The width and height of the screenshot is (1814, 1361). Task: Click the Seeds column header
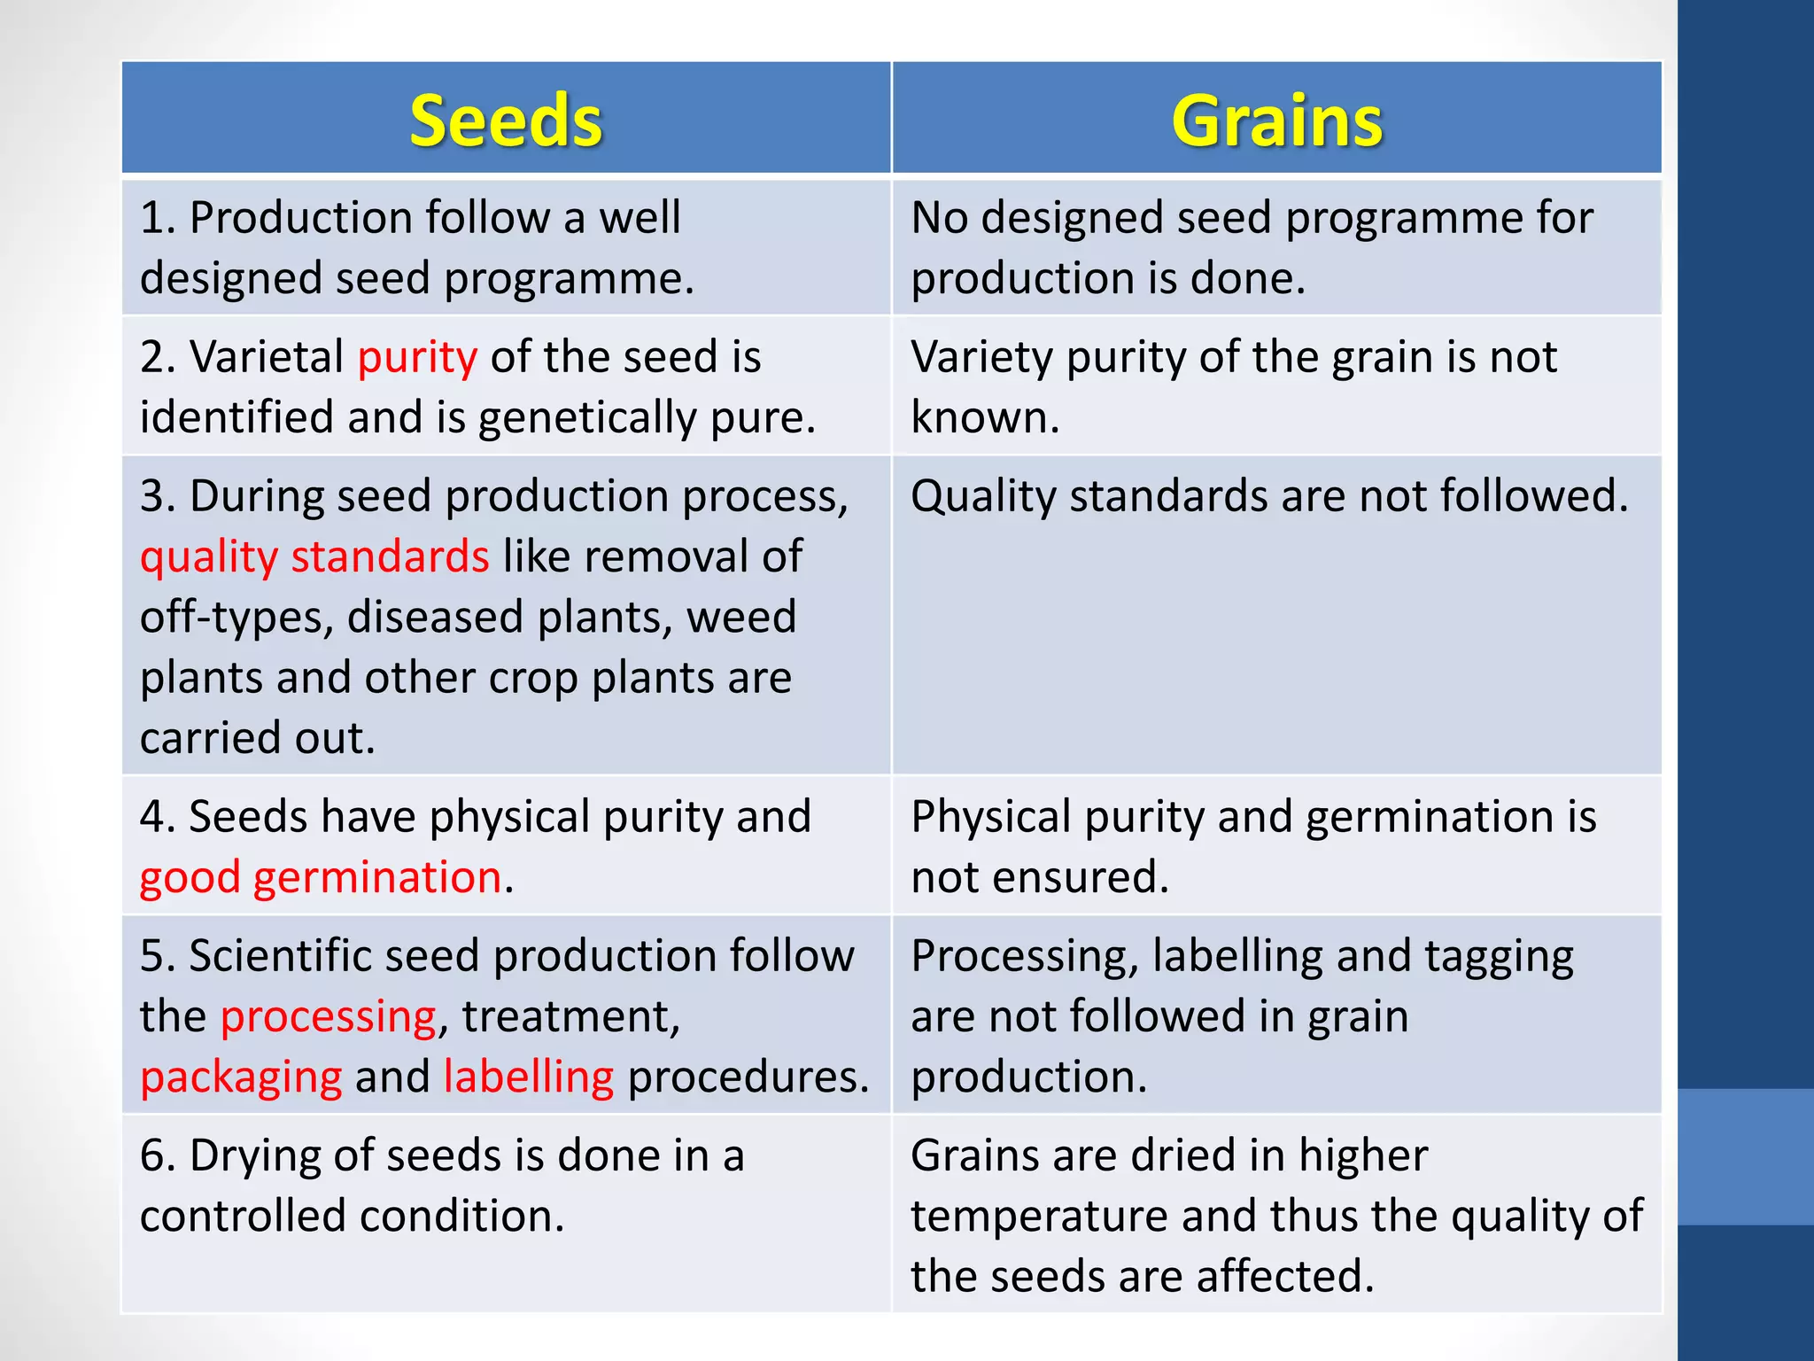[x=506, y=121]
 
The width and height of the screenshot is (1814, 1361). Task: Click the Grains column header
[x=1276, y=121]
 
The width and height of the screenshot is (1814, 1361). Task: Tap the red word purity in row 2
[x=417, y=358]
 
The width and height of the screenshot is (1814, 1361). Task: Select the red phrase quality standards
[x=314, y=557]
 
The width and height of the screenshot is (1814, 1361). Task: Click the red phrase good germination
[x=321, y=877]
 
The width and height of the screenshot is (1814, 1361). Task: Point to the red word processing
[x=328, y=1017]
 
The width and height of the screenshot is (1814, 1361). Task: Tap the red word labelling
[x=529, y=1077]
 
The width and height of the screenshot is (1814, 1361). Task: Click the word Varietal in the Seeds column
[x=267, y=357]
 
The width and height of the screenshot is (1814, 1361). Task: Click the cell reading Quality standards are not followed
[x=1269, y=496]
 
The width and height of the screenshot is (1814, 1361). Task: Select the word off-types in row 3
[x=236, y=618]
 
